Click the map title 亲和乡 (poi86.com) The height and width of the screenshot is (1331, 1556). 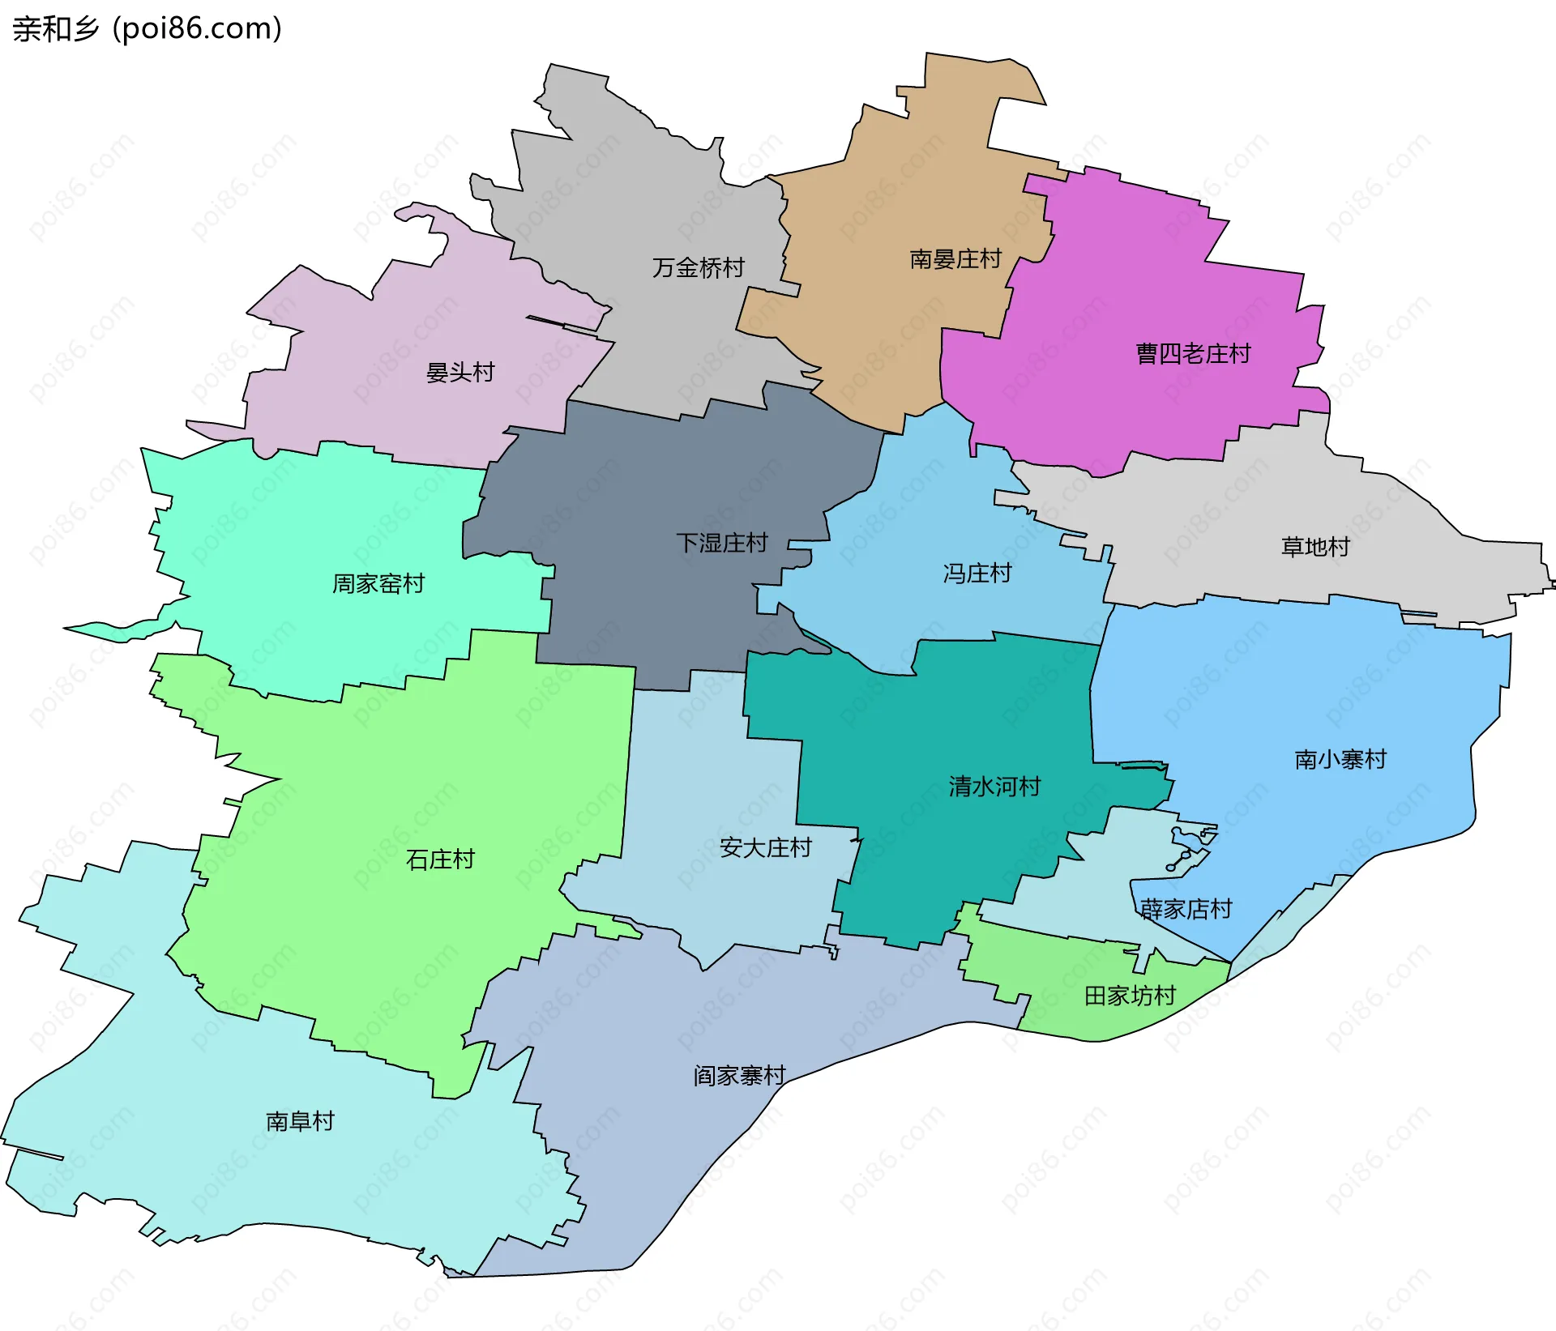click(x=147, y=29)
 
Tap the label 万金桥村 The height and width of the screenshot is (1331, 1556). click(x=698, y=267)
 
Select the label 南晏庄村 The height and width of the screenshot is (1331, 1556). click(x=955, y=259)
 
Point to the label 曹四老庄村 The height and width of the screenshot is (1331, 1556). click(x=1193, y=354)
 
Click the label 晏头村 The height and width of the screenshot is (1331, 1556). click(x=460, y=373)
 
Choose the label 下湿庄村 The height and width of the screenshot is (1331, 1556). click(x=721, y=543)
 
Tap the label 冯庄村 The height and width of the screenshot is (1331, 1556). click(x=977, y=574)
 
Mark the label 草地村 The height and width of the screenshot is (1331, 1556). click(x=1314, y=547)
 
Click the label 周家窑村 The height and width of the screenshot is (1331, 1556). click(x=378, y=583)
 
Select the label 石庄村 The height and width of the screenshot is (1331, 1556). click(x=439, y=860)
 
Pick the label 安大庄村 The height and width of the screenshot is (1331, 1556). click(x=765, y=848)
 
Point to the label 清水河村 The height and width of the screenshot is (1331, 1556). click(x=994, y=787)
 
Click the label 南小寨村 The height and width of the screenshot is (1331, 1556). click(x=1340, y=760)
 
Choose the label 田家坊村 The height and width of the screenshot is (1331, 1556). click(x=1130, y=996)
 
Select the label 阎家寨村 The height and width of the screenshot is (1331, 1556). click(x=739, y=1076)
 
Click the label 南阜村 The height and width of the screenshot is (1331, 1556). click(x=300, y=1121)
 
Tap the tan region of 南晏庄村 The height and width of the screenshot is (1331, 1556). click(x=891, y=324)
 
